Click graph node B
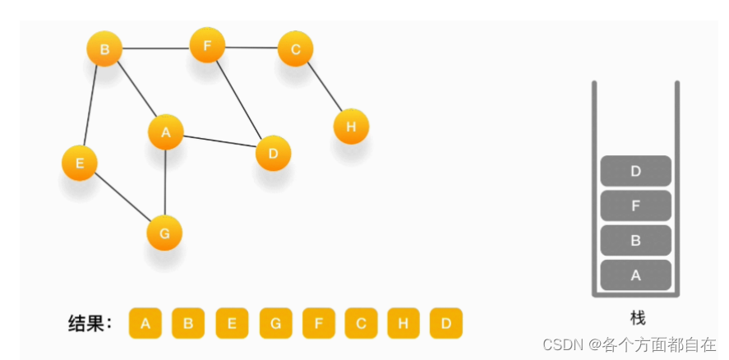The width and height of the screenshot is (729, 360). (x=104, y=49)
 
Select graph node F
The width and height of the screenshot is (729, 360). (x=208, y=45)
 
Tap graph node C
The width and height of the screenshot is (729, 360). (x=296, y=49)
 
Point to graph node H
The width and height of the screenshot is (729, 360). (x=351, y=127)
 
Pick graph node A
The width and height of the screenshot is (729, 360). (x=165, y=132)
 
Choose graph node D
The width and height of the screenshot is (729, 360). (x=274, y=153)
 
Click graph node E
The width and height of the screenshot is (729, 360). (x=80, y=163)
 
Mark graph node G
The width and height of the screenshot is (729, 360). (x=164, y=233)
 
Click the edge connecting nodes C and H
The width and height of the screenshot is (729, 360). (x=324, y=88)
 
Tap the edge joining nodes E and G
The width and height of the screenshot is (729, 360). (x=122, y=198)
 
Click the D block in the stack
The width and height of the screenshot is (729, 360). (x=635, y=171)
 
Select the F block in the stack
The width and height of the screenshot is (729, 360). (x=635, y=205)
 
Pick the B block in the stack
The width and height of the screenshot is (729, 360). (x=635, y=240)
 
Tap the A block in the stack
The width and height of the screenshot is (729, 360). (x=635, y=275)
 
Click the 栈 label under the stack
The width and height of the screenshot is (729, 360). (x=637, y=318)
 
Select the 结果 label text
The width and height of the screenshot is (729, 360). (x=89, y=323)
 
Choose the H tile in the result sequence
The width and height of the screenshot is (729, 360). (x=403, y=323)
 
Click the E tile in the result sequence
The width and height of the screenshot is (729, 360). (x=232, y=323)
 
